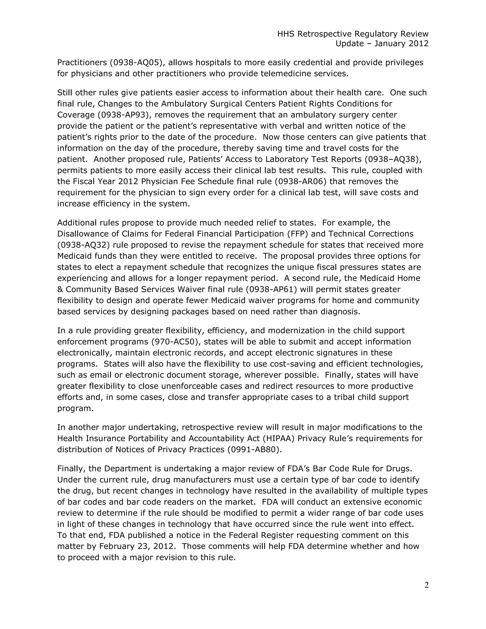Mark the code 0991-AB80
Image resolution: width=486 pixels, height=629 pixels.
tap(253, 449)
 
